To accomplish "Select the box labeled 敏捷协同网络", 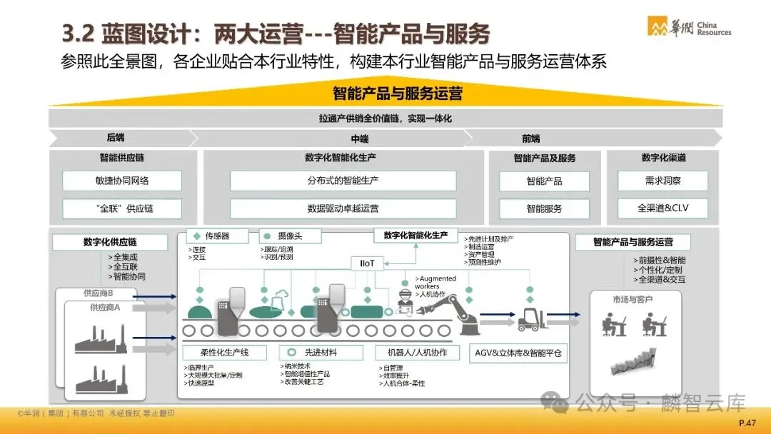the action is [x=122, y=181].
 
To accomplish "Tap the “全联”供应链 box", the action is [x=122, y=208].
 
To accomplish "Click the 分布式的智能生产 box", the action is [x=343, y=181].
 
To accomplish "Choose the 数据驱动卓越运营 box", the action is [x=343, y=208].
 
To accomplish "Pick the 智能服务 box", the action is [x=544, y=208].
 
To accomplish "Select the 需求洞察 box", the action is [x=662, y=181].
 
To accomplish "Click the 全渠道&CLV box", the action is [x=662, y=208].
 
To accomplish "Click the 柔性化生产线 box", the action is [x=225, y=353].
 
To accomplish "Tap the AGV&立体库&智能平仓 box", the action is [x=518, y=353].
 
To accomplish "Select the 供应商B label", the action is [x=99, y=293].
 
